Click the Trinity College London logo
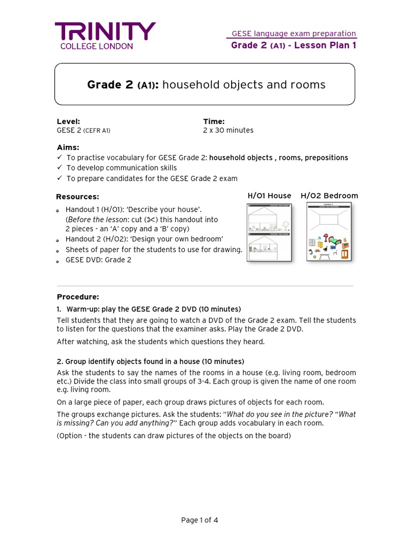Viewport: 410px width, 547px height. [x=105, y=36]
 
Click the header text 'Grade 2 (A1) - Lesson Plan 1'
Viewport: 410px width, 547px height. [x=293, y=45]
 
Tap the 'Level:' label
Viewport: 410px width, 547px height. [x=68, y=121]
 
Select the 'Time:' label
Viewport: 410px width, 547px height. [x=214, y=121]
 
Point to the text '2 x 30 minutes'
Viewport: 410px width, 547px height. [x=228, y=130]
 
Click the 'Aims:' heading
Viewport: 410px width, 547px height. [x=68, y=147]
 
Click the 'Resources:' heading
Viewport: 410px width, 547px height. [x=78, y=197]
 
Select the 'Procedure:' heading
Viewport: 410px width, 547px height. [x=78, y=297]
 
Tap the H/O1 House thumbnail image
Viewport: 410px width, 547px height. [x=269, y=232]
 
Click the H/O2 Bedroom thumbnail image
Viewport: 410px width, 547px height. [x=329, y=232]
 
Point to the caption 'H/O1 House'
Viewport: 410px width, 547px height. [x=269, y=196]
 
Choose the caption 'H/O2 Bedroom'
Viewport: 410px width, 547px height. [x=329, y=196]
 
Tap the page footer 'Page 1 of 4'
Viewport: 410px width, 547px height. [x=200, y=520]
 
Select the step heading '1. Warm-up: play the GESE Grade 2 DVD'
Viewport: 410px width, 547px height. [x=149, y=309]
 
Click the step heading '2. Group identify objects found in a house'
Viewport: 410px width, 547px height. [x=151, y=362]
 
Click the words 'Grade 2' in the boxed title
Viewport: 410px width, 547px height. [x=110, y=85]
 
